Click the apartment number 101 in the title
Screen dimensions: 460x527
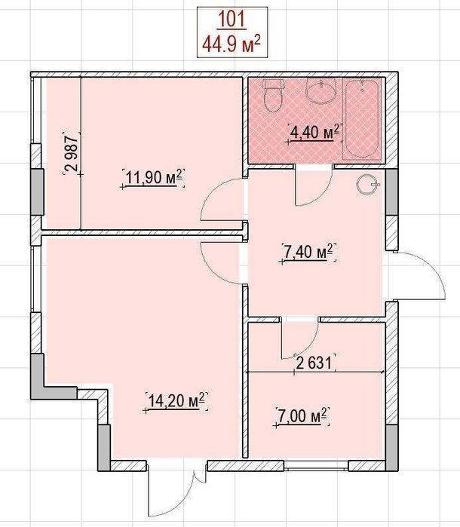pyautogui.click(x=232, y=20)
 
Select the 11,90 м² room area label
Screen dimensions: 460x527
pyautogui.click(x=153, y=177)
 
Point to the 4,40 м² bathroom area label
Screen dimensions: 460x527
pyautogui.click(x=314, y=132)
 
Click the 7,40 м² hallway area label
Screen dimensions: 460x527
pyautogui.click(x=308, y=252)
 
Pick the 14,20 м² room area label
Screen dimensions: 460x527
pyautogui.click(x=176, y=400)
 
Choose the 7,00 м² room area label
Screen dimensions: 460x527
pyautogui.click(x=302, y=416)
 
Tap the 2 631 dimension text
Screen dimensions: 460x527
pyautogui.click(x=314, y=363)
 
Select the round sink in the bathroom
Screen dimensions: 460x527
pyautogui.click(x=321, y=91)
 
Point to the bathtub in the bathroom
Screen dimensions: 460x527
pyautogui.click(x=362, y=118)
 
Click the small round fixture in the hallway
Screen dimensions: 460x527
pyautogui.click(x=368, y=185)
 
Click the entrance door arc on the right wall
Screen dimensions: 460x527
pyautogui.click(x=431, y=269)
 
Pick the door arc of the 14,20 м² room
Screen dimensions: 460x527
pyautogui.click(x=209, y=265)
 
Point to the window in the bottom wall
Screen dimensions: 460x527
pyautogui.click(x=316, y=465)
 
